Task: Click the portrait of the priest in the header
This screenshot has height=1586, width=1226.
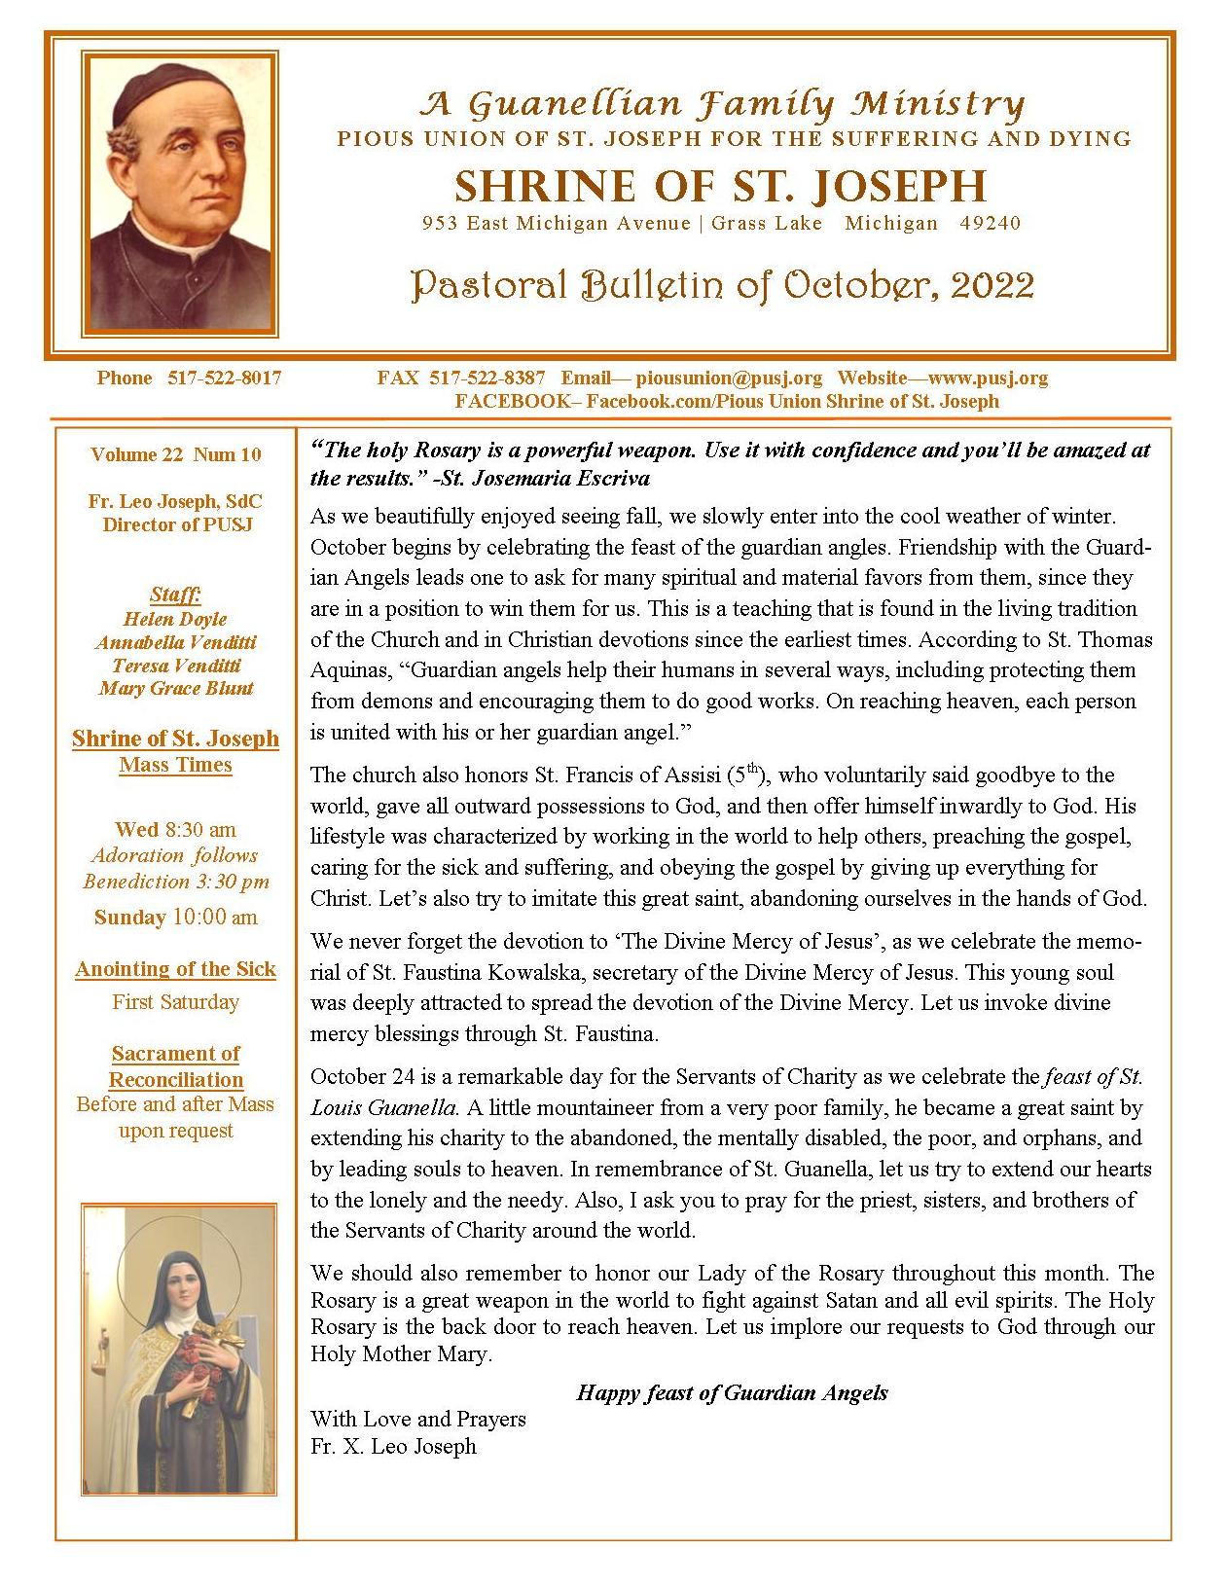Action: [x=180, y=194]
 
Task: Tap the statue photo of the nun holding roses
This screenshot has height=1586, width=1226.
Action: [x=179, y=1349]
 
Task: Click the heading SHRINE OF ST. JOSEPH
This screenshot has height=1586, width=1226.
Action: [x=721, y=186]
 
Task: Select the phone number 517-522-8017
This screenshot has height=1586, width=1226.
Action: [x=225, y=378]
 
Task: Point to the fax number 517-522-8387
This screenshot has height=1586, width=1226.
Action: [x=487, y=378]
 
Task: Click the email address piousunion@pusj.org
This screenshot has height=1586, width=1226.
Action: [x=729, y=378]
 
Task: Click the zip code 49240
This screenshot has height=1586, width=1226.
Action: [x=991, y=224]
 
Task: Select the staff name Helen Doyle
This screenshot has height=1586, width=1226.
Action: [x=175, y=619]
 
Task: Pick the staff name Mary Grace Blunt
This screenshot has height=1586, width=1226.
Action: [x=176, y=688]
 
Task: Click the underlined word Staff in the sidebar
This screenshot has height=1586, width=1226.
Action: [x=175, y=594]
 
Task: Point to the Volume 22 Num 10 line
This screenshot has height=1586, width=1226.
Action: [x=176, y=454]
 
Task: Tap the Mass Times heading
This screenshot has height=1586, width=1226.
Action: [x=176, y=765]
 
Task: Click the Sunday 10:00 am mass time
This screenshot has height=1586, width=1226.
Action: [x=176, y=917]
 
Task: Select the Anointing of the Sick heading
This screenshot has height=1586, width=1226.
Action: [x=176, y=969]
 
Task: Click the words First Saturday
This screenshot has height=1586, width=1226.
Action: [x=176, y=1001]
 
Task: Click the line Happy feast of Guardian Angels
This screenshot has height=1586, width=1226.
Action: [x=732, y=1392]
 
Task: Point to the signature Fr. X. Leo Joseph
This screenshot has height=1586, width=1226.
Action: [x=394, y=1446]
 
